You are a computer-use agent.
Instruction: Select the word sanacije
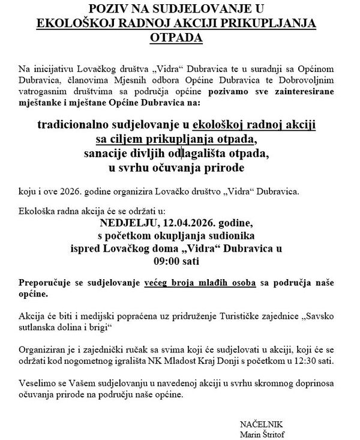pyautogui.click(x=105, y=153)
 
